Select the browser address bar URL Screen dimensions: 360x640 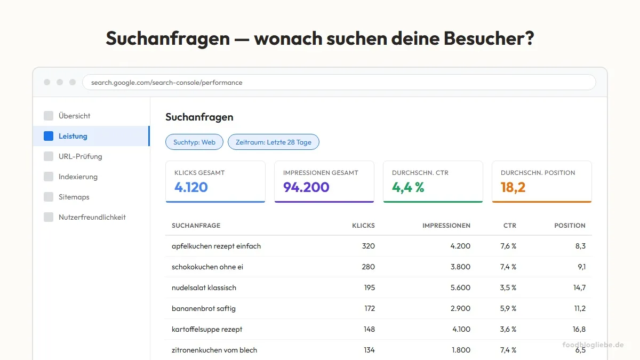pyautogui.click(x=167, y=83)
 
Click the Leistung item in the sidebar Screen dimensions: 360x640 pyautogui.click(x=73, y=136)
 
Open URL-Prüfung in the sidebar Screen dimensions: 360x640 pyautogui.click(x=80, y=156)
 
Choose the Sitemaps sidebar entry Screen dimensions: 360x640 pyautogui.click(x=74, y=197)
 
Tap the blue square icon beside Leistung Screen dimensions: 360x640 pyautogui.click(x=49, y=136)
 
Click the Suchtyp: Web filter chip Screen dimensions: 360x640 pyautogui.click(x=194, y=142)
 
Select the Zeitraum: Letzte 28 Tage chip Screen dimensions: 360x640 pyautogui.click(x=273, y=142)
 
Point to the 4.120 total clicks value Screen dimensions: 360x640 pyautogui.click(x=191, y=187)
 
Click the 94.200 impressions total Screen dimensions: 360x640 pyautogui.click(x=306, y=187)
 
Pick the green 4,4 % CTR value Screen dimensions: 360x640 pyautogui.click(x=408, y=187)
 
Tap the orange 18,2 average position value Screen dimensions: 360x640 pyautogui.click(x=513, y=187)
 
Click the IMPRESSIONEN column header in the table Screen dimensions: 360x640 pyautogui.click(x=446, y=226)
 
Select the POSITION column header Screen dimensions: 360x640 pyautogui.click(x=570, y=226)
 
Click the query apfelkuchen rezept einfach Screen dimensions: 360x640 pyautogui.click(x=216, y=246)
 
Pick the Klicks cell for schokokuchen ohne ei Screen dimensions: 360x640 pyautogui.click(x=368, y=267)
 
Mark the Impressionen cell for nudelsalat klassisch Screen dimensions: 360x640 pyautogui.click(x=460, y=287)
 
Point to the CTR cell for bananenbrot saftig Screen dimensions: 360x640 pyautogui.click(x=508, y=308)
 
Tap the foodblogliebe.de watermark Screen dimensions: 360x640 pyautogui.click(x=593, y=345)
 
